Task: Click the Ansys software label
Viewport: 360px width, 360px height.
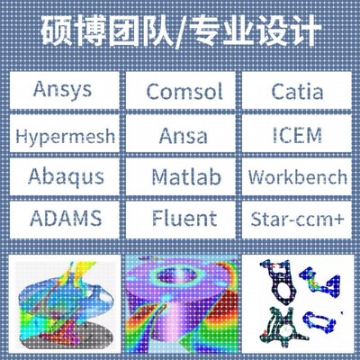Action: pyautogui.click(x=62, y=92)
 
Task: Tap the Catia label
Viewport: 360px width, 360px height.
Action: pyautogui.click(x=298, y=92)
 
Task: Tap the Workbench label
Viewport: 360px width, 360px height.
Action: pyautogui.click(x=298, y=175)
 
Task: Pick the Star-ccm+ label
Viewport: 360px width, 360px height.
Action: pyautogui.click(x=298, y=217)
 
